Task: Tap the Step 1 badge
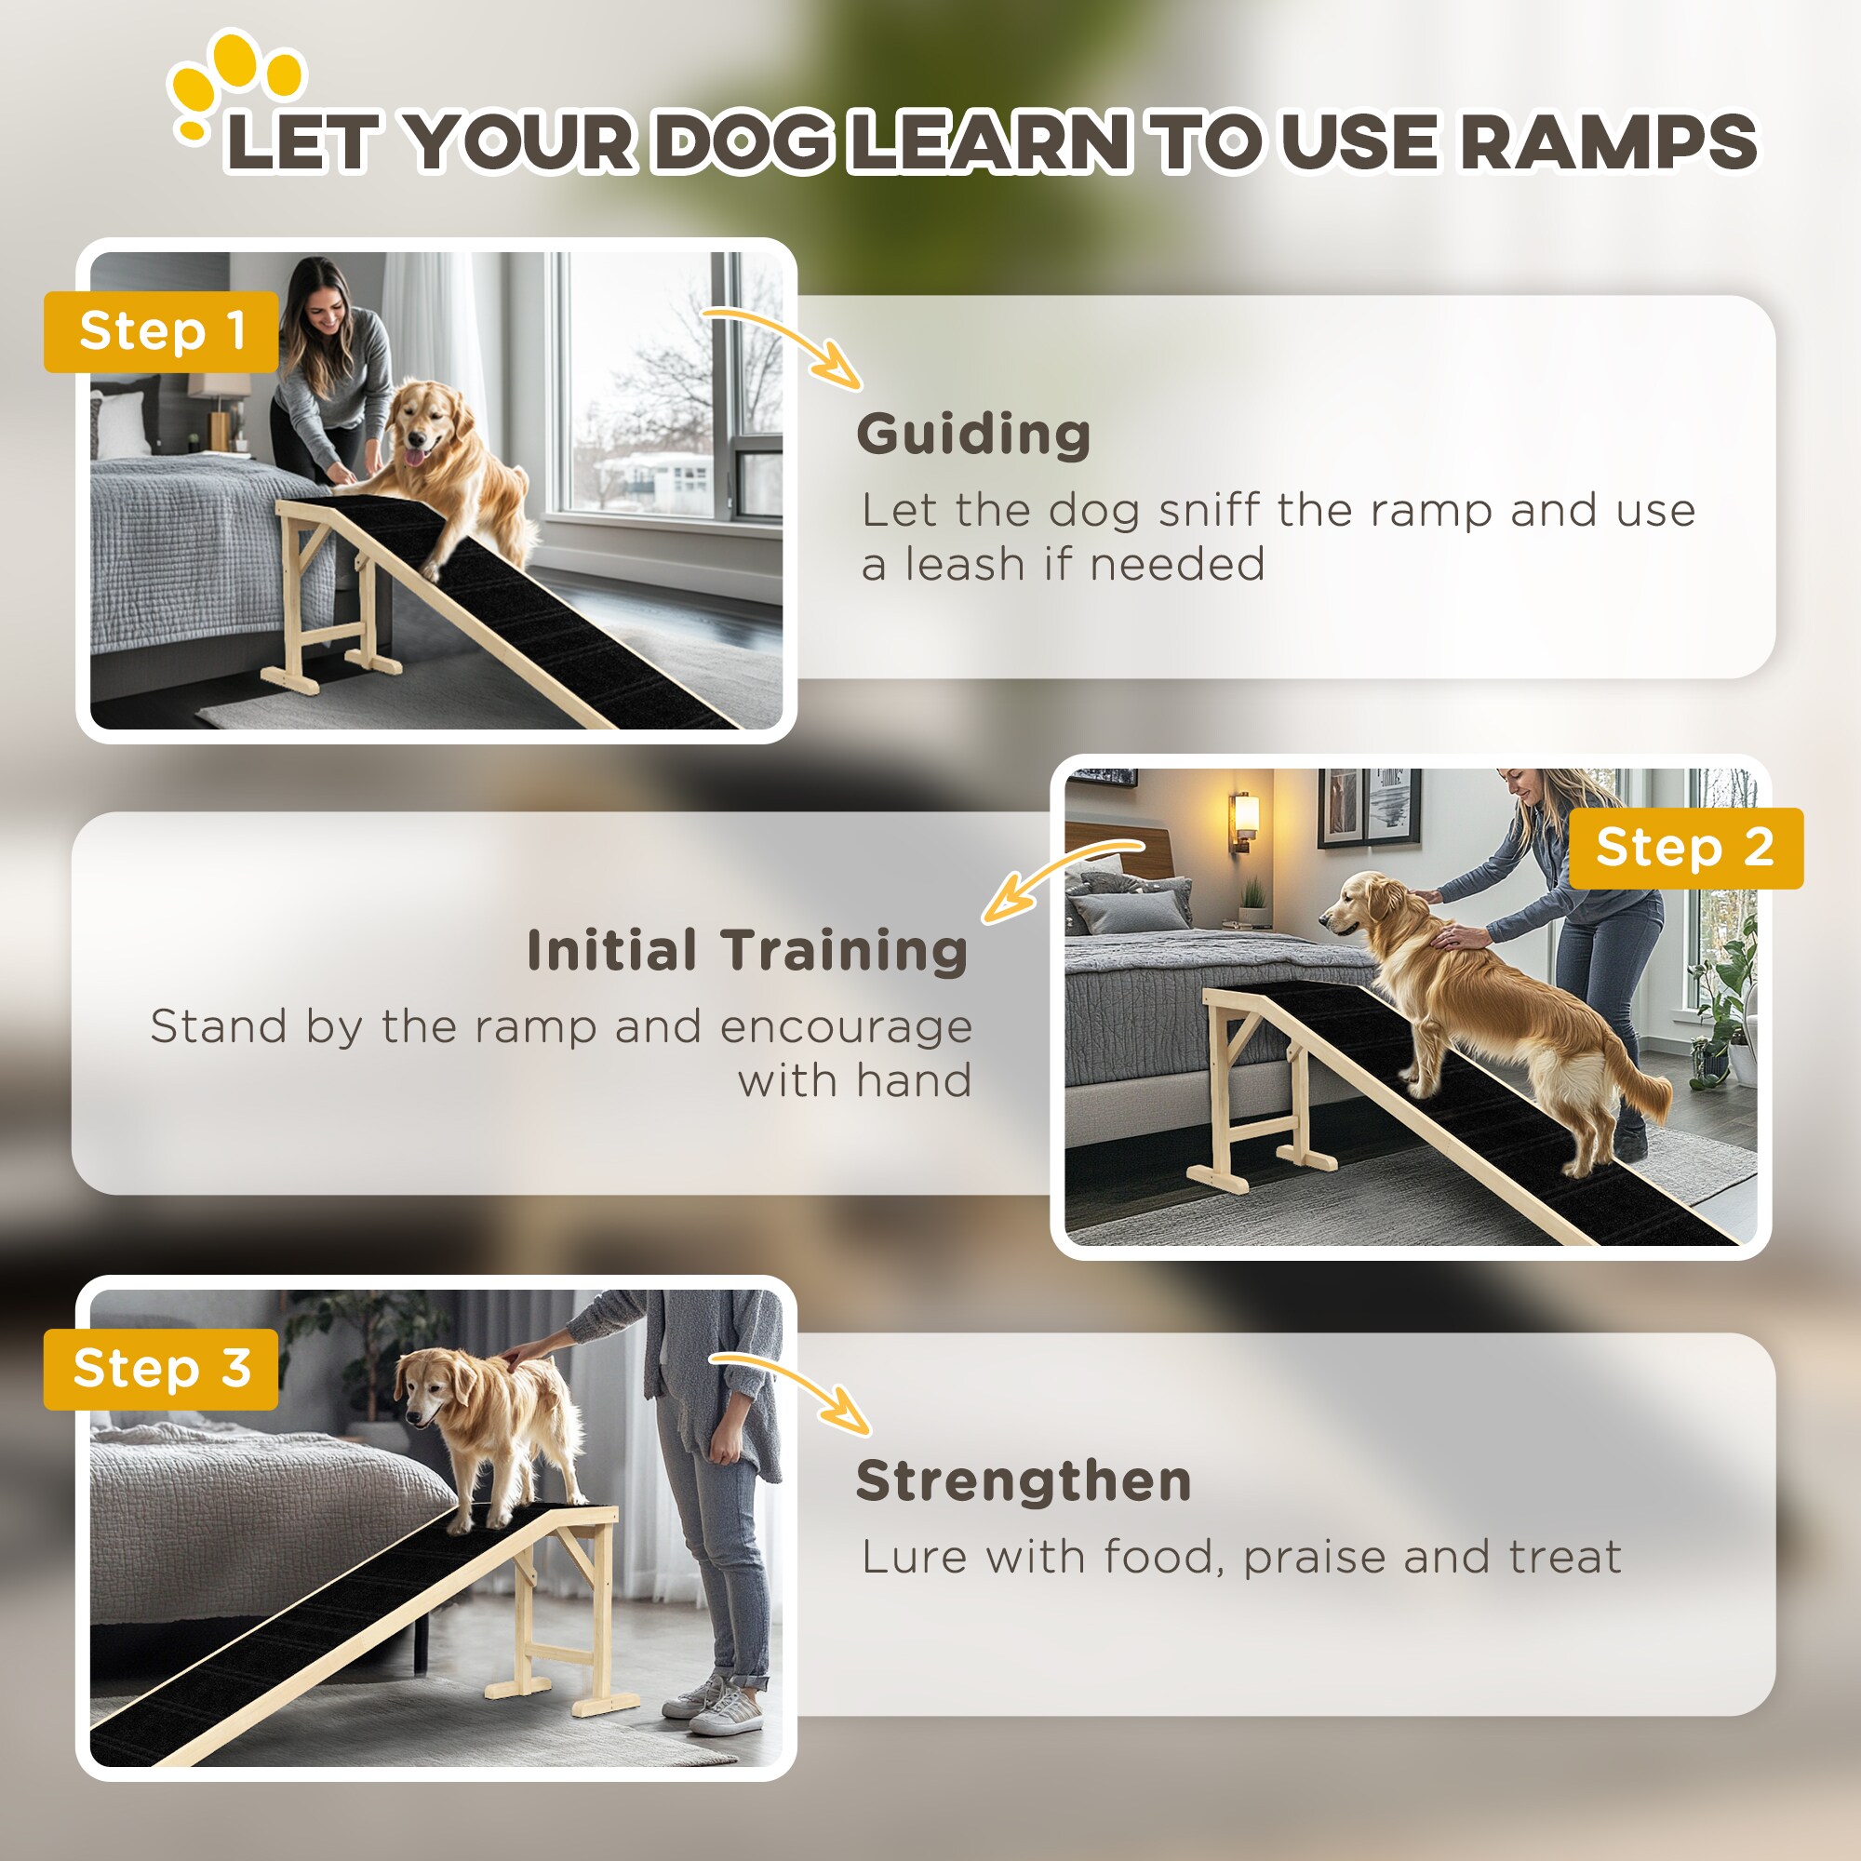pos(161,331)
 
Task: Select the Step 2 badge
pos(1685,848)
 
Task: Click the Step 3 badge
pos(161,1369)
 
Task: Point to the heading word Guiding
pos(973,435)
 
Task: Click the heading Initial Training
pos(746,951)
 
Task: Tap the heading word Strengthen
pos(1023,1481)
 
